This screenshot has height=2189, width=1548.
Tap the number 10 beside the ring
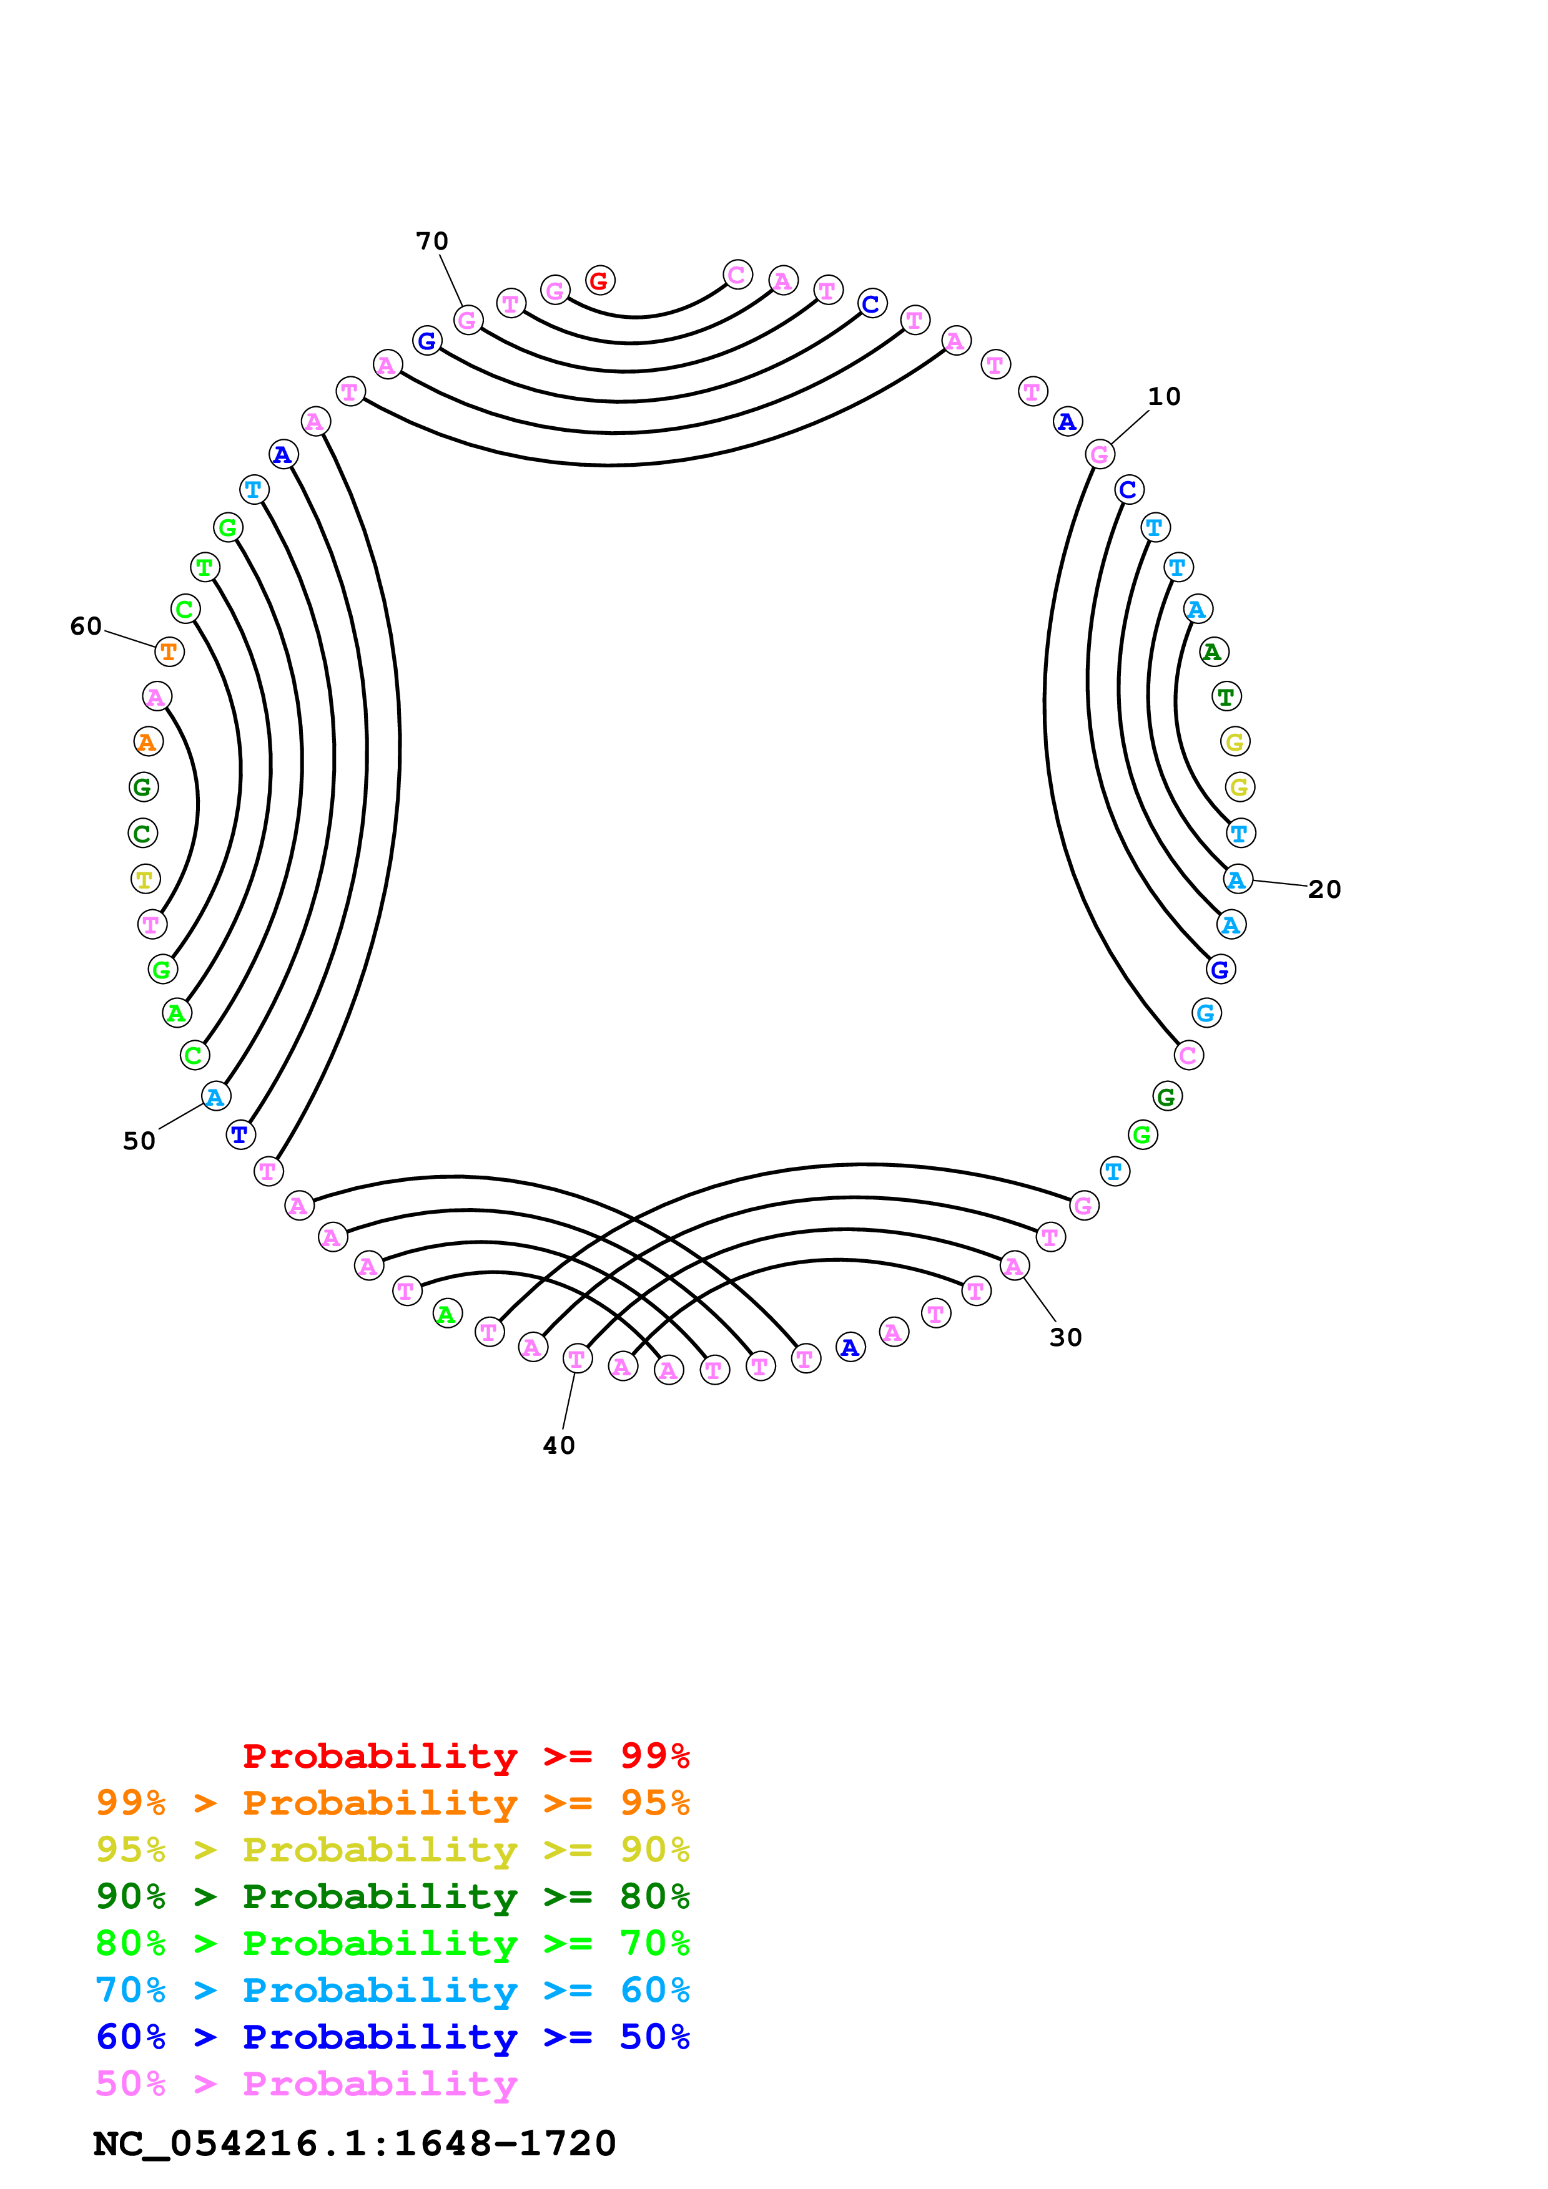point(1163,397)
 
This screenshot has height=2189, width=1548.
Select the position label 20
point(1324,890)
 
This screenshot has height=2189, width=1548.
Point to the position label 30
point(1065,1338)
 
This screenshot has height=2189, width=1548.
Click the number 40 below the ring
point(559,1445)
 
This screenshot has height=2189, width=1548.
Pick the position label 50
point(139,1141)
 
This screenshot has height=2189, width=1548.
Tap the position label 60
point(86,626)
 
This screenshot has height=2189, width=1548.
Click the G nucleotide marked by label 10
point(1100,455)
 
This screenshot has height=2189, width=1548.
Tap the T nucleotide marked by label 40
point(577,1358)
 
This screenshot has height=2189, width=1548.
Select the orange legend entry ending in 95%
point(392,1803)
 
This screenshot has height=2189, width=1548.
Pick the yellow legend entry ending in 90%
point(392,1850)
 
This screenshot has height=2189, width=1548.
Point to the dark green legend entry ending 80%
point(392,1896)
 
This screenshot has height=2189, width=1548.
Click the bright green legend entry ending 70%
point(392,1943)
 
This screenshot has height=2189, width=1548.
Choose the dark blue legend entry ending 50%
point(392,2037)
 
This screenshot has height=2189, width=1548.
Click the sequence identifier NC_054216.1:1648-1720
point(354,2143)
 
